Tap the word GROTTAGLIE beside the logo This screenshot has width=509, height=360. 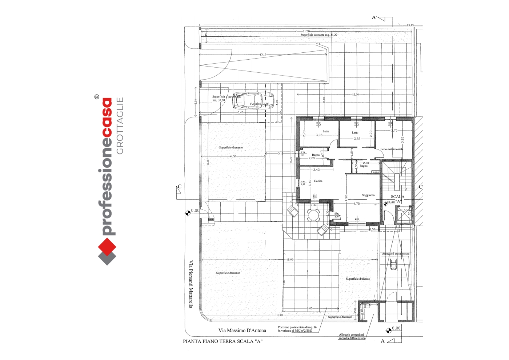[x=120, y=125]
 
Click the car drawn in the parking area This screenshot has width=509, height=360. [x=253, y=101]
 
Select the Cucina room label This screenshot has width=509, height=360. [x=318, y=181]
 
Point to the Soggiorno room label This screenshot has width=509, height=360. [x=368, y=195]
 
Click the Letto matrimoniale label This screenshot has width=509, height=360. [x=392, y=149]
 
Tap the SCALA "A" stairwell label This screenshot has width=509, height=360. [x=398, y=199]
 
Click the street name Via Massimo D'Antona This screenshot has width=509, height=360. [x=242, y=331]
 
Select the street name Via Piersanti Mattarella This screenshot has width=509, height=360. [x=191, y=284]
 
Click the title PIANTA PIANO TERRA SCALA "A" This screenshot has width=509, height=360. [x=223, y=341]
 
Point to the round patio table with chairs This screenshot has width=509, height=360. [x=313, y=215]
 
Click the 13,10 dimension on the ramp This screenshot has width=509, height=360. [x=263, y=55]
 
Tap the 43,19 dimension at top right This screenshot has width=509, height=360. [x=410, y=25]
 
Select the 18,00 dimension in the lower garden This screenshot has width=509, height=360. [x=289, y=260]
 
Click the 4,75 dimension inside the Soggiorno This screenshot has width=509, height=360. [x=357, y=204]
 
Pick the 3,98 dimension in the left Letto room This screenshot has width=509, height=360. [x=319, y=135]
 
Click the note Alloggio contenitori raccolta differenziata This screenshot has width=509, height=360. [x=352, y=336]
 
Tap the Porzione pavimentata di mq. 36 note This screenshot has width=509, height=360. [x=297, y=329]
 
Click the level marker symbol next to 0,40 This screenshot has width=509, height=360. [x=386, y=204]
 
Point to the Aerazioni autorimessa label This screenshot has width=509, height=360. [x=396, y=254]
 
